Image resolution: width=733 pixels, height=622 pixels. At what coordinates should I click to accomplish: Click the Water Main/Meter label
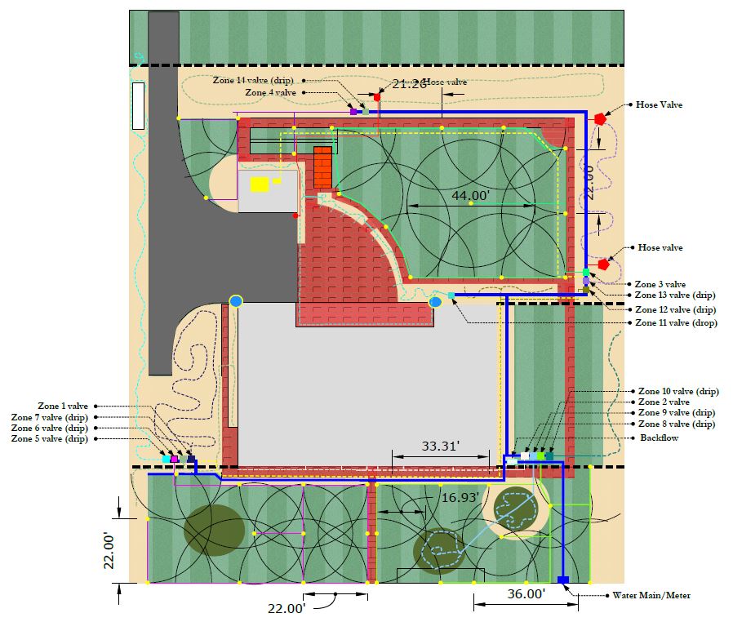pyautogui.click(x=646, y=595)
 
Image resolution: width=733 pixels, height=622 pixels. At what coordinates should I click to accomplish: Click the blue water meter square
pyautogui.click(x=562, y=580)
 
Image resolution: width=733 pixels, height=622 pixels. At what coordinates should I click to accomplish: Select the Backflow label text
pyautogui.click(x=660, y=438)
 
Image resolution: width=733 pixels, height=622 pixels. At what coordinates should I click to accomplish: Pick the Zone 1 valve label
pyautogui.click(x=63, y=406)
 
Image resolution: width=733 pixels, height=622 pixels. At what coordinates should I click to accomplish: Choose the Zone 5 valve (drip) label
pyautogui.click(x=50, y=438)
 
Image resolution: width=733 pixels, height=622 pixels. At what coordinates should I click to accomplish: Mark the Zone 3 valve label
pyautogui.click(x=660, y=284)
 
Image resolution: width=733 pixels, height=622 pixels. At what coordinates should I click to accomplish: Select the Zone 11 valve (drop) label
pyautogui.click(x=676, y=323)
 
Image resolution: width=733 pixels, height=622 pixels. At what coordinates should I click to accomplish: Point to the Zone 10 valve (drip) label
pyautogui.click(x=678, y=391)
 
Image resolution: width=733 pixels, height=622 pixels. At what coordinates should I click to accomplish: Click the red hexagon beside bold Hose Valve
pyautogui.click(x=600, y=118)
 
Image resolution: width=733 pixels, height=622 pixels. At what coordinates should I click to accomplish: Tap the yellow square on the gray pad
pyautogui.click(x=260, y=184)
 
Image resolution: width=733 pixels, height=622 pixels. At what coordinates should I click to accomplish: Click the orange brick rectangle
pyautogui.click(x=323, y=167)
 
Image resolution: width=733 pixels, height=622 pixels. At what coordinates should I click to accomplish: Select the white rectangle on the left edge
pyautogui.click(x=138, y=105)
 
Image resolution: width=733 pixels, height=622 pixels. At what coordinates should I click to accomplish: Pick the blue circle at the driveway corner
pyautogui.click(x=236, y=301)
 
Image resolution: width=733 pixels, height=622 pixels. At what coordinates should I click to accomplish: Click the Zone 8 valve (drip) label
pyautogui.click(x=676, y=424)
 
